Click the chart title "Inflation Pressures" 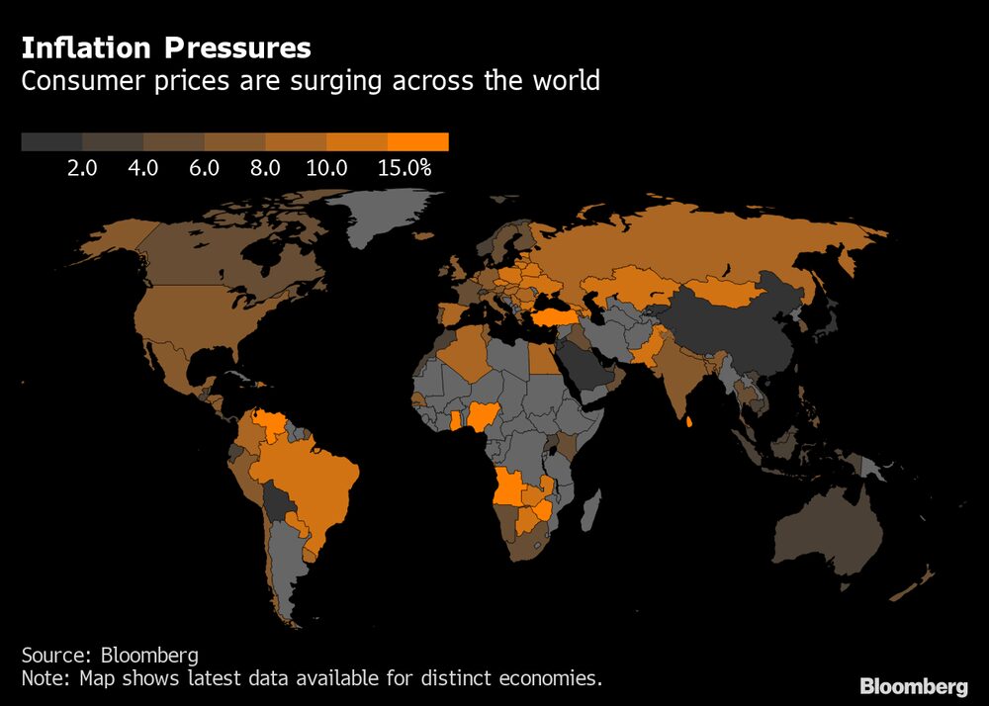tap(166, 47)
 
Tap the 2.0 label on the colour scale tap(82, 168)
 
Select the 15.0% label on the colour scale tap(405, 168)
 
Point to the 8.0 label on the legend tap(266, 168)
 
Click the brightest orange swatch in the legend tap(418, 142)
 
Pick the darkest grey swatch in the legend tap(51, 142)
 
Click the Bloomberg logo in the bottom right tap(913, 686)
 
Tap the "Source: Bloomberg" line tap(110, 655)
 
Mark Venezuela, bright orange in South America tap(269, 423)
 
